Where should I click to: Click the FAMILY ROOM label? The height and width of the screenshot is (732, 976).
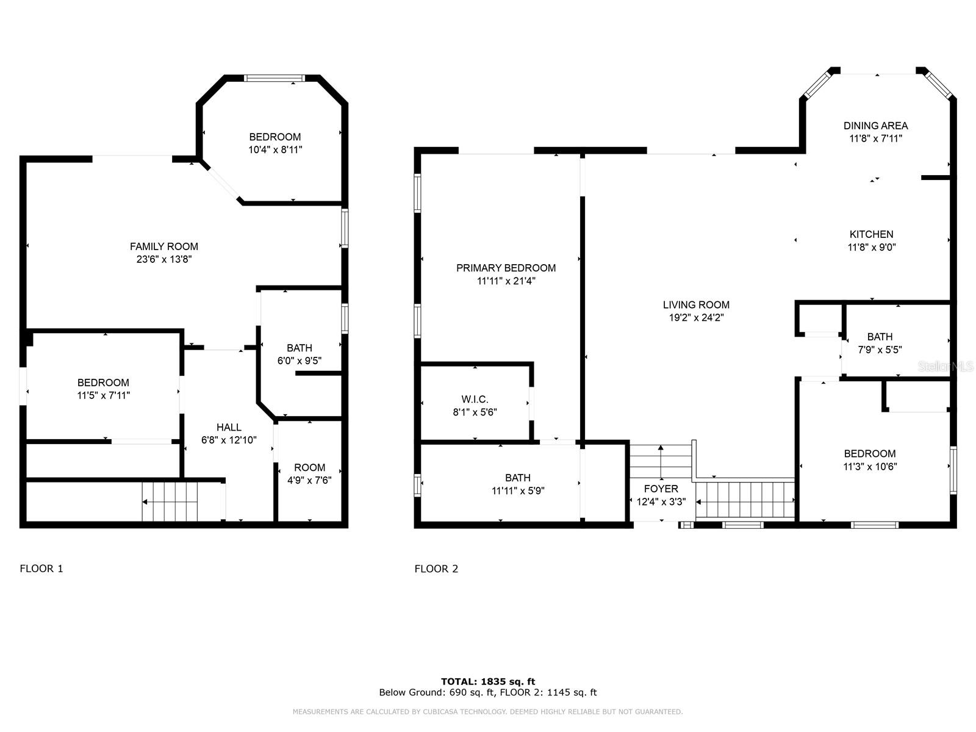(163, 246)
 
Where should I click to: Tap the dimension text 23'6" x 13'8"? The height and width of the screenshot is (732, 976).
(163, 259)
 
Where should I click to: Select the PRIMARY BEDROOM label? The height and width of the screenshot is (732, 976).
(506, 268)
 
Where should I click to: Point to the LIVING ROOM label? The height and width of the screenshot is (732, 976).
(696, 305)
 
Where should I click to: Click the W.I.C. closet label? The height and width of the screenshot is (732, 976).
(475, 399)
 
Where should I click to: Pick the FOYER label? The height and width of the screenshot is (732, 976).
(661, 489)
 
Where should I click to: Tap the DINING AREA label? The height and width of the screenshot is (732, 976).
(875, 126)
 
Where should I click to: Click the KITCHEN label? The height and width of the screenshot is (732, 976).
(871, 234)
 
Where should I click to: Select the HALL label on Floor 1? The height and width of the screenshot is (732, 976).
(229, 427)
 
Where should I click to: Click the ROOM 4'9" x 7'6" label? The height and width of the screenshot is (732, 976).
(309, 474)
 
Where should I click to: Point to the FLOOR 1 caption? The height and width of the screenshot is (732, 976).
(41, 569)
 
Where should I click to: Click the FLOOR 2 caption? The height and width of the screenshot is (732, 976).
(436, 569)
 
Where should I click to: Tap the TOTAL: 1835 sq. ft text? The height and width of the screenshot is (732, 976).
(488, 681)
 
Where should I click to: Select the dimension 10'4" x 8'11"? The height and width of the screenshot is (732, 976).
(274, 150)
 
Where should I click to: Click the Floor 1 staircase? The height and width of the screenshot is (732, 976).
(170, 502)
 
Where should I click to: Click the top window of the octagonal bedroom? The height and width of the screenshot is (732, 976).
(274, 78)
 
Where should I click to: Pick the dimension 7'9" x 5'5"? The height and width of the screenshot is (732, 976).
(880, 350)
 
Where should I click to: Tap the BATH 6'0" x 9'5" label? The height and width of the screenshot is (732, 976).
(300, 354)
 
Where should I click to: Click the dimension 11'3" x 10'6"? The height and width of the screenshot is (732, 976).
(870, 467)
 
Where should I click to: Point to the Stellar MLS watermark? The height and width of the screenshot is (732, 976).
(945, 367)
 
